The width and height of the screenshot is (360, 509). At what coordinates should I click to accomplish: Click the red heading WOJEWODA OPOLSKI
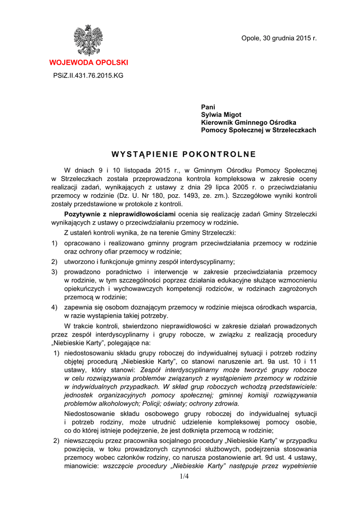pos(88,63)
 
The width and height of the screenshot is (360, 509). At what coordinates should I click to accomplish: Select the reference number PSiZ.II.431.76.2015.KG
pos(88,76)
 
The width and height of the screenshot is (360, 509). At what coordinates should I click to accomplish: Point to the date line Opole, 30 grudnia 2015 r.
pos(278,38)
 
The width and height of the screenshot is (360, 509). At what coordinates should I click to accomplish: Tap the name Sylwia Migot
pos(221,115)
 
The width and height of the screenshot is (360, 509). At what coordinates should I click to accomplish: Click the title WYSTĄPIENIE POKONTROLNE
pos(183,154)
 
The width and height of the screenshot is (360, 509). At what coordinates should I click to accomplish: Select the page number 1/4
pos(184,477)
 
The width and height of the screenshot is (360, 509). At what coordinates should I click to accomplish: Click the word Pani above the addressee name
pos(208,107)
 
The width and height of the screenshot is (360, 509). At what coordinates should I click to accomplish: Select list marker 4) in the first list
pos(54,307)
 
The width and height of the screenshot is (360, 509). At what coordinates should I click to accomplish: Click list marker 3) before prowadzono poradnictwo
pos(54,271)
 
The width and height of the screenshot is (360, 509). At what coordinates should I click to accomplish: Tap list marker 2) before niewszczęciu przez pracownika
pos(57,440)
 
